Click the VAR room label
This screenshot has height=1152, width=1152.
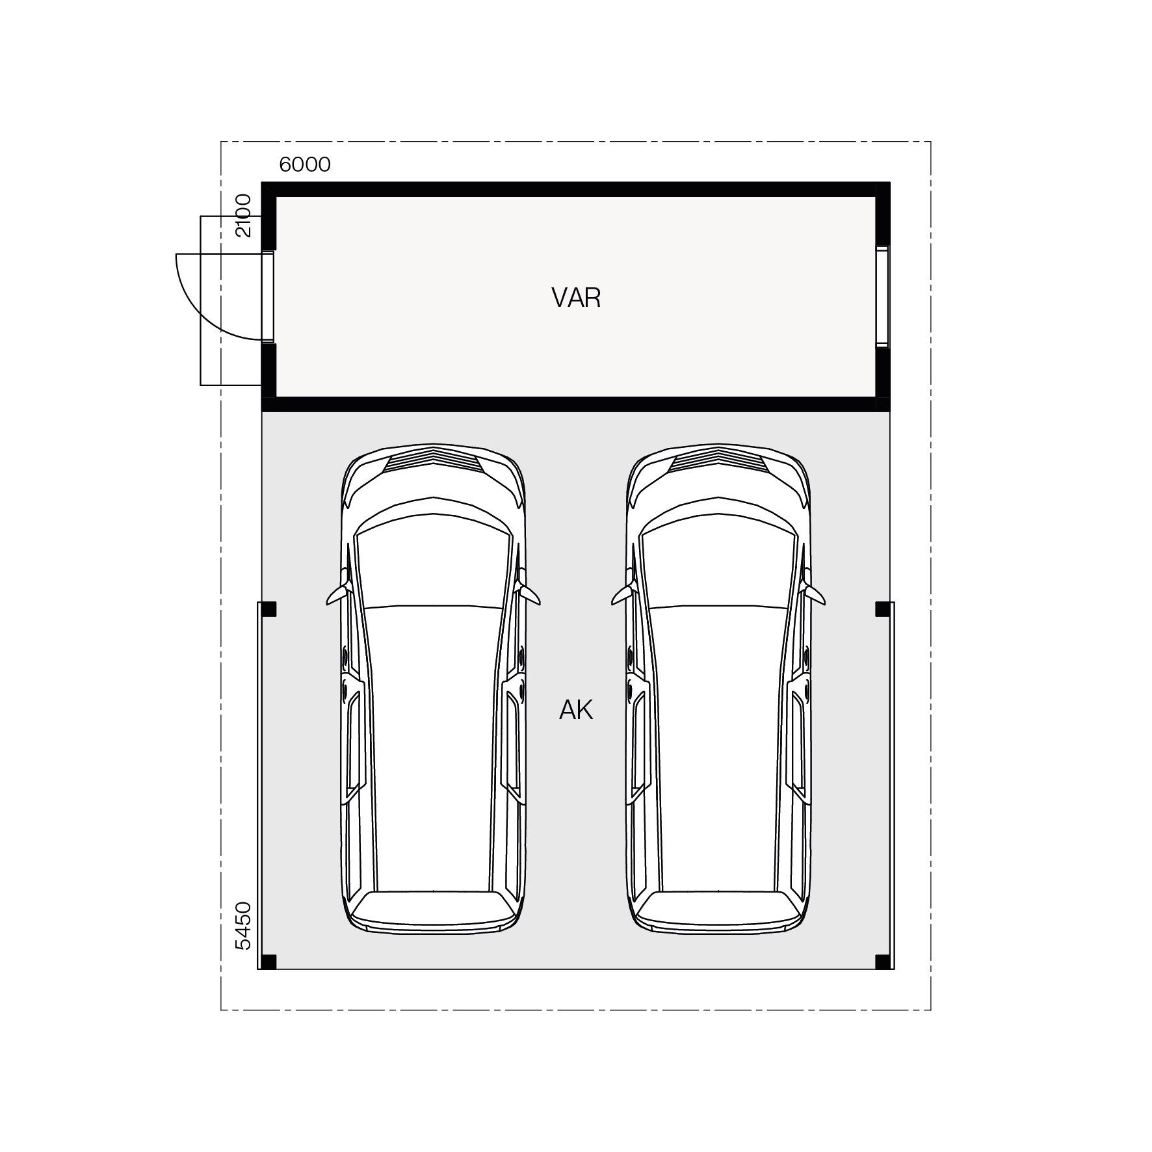click(x=576, y=298)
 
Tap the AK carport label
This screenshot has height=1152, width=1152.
click(x=576, y=711)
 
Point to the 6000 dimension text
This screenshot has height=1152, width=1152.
click(x=305, y=164)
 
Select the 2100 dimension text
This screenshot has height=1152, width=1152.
click(x=242, y=215)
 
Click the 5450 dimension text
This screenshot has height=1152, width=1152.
click(x=242, y=926)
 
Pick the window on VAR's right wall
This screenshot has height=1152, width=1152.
click(x=882, y=296)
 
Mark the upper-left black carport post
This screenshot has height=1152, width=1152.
click(x=268, y=609)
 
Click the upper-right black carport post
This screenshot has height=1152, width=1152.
click(x=883, y=609)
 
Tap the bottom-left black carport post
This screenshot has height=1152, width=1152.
click(x=268, y=962)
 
